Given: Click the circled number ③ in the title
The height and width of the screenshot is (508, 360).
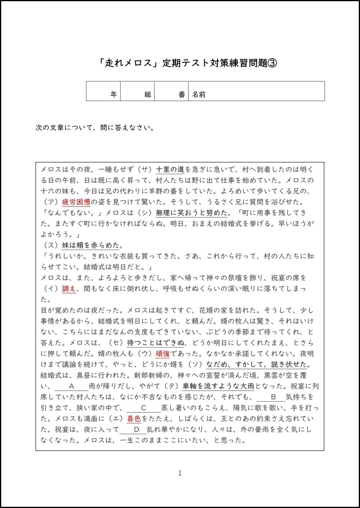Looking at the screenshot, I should click(272, 63).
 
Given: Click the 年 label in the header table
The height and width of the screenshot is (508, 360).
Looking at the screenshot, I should click(113, 94).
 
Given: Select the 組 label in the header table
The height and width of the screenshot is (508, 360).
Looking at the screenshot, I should click(148, 94).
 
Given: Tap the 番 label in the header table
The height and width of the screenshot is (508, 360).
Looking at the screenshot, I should click(182, 94).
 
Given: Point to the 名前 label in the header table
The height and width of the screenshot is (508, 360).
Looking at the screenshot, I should click(199, 94).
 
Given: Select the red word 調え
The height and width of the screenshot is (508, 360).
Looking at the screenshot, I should click(69, 289).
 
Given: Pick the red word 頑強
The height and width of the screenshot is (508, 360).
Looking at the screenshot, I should click(163, 354).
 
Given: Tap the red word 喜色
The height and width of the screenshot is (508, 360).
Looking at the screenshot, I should click(134, 418).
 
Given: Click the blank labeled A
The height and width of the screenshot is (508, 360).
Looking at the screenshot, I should click(72, 386).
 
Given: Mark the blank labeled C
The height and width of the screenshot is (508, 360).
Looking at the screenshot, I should click(144, 408).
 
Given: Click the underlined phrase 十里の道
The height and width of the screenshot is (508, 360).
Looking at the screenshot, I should click(170, 170).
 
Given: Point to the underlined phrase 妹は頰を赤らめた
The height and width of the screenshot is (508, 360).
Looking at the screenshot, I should click(90, 245).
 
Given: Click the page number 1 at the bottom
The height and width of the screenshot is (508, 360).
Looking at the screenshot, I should click(180, 473).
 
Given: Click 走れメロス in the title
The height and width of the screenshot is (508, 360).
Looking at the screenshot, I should click(128, 63).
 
